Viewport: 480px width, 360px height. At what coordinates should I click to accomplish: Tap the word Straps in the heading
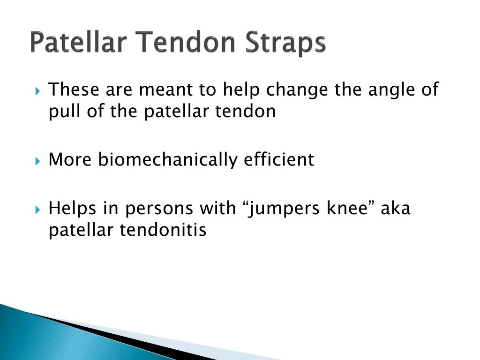[285, 43]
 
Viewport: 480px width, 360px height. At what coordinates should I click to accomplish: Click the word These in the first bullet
[74, 90]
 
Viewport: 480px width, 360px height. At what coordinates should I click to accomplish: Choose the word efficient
[278, 159]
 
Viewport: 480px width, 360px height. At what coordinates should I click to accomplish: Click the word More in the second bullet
[70, 159]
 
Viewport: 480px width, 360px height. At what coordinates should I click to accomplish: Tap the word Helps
[72, 209]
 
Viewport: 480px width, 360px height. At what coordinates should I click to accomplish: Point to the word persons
[159, 210]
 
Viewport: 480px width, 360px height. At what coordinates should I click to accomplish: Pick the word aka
[396, 208]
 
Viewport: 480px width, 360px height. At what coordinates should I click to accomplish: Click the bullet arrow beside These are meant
[37, 91]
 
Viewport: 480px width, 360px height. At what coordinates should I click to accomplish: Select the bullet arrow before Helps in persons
[37, 210]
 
